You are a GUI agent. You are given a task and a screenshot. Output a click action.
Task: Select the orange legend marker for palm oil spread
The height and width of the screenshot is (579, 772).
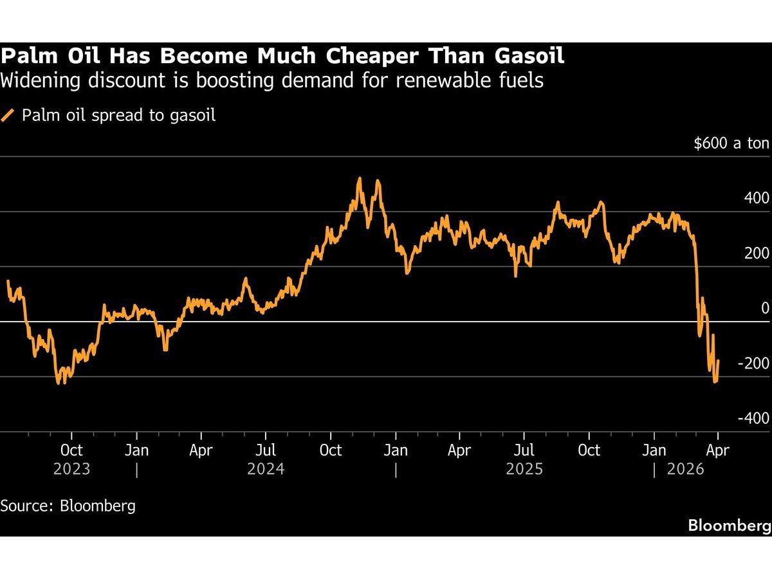click(8, 116)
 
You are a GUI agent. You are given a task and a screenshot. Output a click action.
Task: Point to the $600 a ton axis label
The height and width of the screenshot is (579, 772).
click(731, 143)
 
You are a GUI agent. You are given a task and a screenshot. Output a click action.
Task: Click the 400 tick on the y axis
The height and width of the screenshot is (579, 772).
click(757, 198)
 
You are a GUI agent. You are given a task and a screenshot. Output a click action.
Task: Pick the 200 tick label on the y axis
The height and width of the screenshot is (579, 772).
click(757, 253)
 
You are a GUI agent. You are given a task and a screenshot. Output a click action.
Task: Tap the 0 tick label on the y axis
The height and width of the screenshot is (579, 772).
click(765, 308)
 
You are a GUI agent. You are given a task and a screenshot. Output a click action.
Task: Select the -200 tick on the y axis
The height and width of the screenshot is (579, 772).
click(754, 363)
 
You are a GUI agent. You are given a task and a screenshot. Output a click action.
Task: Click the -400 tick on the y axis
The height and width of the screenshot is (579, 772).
click(754, 418)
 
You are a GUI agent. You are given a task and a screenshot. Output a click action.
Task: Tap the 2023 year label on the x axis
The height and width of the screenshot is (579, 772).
click(72, 469)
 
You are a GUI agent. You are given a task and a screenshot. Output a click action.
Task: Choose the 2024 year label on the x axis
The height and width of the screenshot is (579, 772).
click(266, 469)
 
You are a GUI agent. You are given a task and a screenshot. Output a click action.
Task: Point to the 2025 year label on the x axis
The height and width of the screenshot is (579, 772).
click(524, 469)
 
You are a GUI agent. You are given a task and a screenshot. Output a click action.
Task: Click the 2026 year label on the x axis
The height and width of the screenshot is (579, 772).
click(686, 469)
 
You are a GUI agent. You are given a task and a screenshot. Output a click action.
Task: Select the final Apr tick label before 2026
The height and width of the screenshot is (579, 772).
click(717, 450)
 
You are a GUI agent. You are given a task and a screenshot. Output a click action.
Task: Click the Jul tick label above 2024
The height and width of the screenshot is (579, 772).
click(266, 450)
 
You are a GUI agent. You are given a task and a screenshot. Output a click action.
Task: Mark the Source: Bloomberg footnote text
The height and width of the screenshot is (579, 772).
click(68, 506)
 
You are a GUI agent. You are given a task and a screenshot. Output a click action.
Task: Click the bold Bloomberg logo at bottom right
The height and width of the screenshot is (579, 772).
click(730, 525)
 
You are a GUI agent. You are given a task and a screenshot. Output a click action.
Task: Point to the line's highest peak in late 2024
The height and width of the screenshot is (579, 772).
click(359, 179)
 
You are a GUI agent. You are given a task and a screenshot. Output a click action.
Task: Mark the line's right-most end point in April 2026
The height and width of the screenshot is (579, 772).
click(718, 361)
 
